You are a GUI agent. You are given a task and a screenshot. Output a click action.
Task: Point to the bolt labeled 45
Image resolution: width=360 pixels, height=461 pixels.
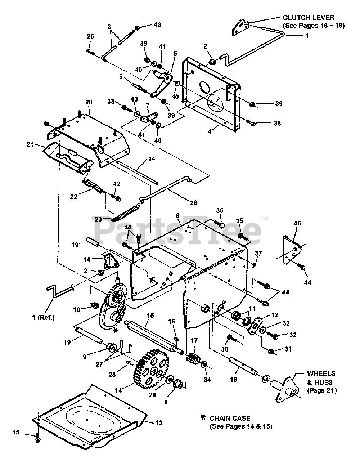[x=38, y=439]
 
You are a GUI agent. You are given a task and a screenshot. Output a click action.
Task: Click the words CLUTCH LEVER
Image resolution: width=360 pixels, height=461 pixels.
[x=309, y=17]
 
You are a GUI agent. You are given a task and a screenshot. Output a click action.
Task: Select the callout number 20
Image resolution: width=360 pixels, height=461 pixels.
[x=89, y=102]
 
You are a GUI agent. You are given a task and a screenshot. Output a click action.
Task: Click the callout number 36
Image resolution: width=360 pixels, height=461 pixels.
[x=220, y=210]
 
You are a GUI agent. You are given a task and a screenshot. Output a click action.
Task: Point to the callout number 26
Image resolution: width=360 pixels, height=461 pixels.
[x=193, y=203]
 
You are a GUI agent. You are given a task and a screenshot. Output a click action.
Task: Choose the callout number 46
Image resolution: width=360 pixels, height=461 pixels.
[x=297, y=223]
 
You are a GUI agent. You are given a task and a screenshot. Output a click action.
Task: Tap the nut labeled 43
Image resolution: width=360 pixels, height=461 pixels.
[x=137, y=28]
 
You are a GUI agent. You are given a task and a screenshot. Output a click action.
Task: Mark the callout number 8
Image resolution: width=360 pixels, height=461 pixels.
[x=177, y=216]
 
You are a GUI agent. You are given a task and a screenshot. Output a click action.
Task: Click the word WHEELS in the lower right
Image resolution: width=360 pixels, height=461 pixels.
[x=321, y=373]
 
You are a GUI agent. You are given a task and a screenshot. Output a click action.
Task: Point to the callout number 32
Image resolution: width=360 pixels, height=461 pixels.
[x=293, y=335]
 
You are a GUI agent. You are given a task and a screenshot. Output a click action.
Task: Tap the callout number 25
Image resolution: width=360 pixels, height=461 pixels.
[x=90, y=36]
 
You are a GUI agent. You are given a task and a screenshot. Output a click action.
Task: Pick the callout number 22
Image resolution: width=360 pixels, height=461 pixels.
[x=73, y=197]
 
